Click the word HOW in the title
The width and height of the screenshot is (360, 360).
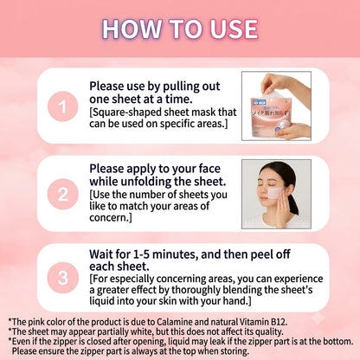pos(132,29)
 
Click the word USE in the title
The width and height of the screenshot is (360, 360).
pos(234,29)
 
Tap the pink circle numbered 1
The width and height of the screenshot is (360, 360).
pos(63,106)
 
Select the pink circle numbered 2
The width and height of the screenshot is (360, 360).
pos(63,194)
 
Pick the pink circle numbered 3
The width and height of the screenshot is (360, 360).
pos(63,278)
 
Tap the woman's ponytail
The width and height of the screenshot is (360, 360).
pos(293,202)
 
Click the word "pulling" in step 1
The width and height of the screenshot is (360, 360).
pos(180,87)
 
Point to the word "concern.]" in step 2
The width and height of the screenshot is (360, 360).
pos(111,217)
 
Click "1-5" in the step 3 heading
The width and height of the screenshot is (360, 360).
pos(140,254)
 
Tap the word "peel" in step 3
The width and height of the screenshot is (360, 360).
pos(260,254)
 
